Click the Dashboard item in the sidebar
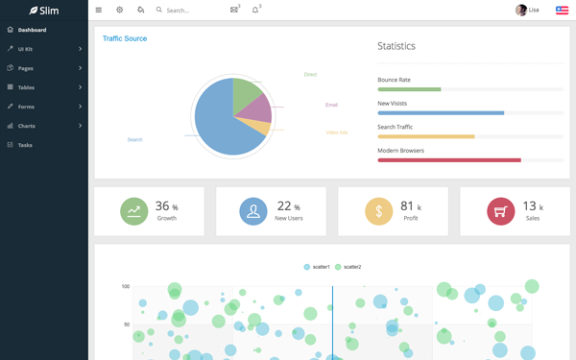[x=32, y=30]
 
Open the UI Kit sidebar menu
[x=26, y=49]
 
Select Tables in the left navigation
[x=26, y=87]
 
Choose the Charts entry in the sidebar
[x=26, y=126]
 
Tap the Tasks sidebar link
[x=25, y=145]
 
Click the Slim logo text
[x=49, y=11]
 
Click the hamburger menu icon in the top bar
[x=98, y=11]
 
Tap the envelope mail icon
[x=234, y=10]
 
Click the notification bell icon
[x=255, y=10]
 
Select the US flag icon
[x=562, y=11]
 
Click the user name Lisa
[x=534, y=11]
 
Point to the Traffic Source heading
[x=125, y=38]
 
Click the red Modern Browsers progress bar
[x=449, y=160]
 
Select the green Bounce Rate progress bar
[x=409, y=89]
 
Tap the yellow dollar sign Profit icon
[x=378, y=211]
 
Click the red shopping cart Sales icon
[x=500, y=211]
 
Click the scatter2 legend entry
[x=348, y=267]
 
